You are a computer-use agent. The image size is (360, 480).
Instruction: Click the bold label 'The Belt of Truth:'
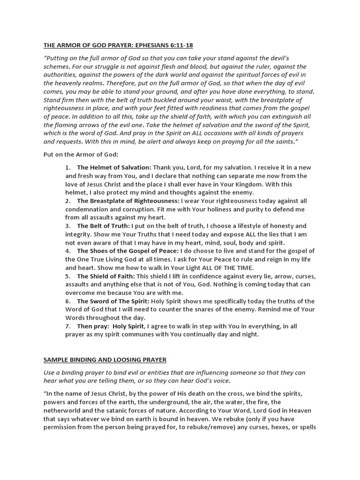coord(103,226)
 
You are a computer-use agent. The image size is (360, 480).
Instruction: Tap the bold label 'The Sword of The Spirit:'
coord(112,301)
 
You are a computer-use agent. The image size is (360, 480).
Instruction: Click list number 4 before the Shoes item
coord(68,251)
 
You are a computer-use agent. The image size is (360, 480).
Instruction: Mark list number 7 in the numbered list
coord(68,326)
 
